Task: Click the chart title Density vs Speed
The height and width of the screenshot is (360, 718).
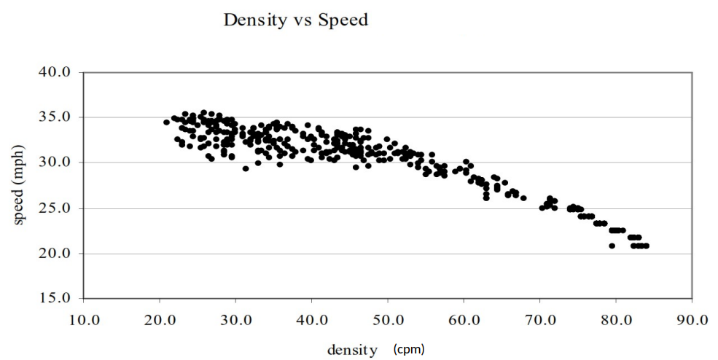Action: click(295, 20)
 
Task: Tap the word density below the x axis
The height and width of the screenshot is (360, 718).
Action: click(353, 350)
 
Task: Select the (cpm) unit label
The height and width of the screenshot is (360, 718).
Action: click(408, 349)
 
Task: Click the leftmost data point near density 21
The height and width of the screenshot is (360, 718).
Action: click(166, 122)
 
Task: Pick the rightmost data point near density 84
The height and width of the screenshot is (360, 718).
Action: click(646, 246)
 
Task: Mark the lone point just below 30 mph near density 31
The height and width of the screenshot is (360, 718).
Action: click(246, 168)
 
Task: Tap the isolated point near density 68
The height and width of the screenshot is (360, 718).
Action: click(523, 197)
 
